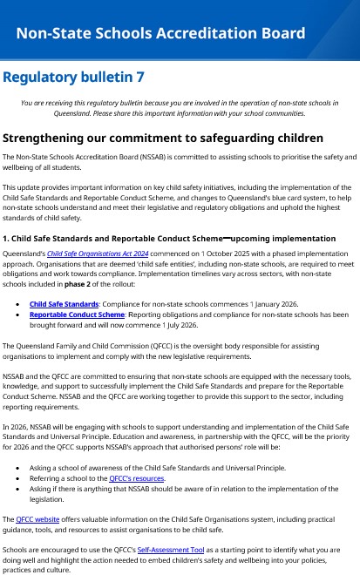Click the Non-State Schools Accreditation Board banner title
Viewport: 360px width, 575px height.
[160, 34]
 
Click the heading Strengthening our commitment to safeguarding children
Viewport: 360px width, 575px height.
[163, 138]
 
